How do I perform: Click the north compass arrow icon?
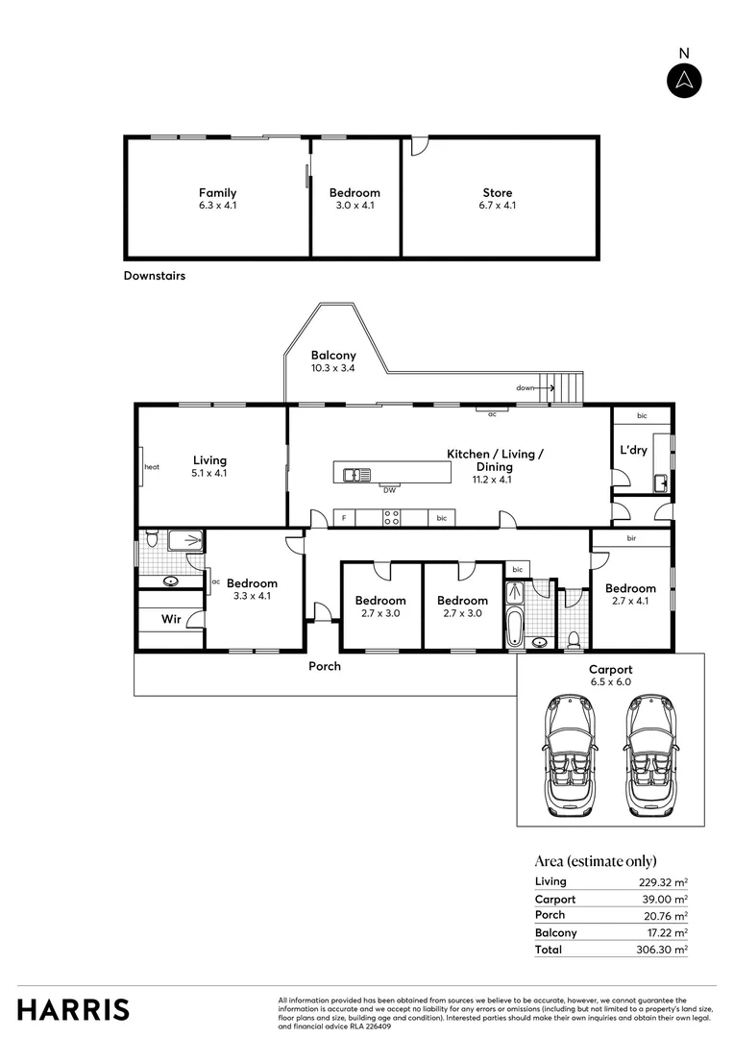pos(684,80)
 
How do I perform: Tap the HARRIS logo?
pos(73,1009)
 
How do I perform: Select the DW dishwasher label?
pos(389,490)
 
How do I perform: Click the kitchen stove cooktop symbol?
pos(392,518)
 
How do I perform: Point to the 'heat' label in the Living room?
pos(151,467)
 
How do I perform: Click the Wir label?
pos(170,619)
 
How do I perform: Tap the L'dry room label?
pos(633,450)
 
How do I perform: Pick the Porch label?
pos(324,666)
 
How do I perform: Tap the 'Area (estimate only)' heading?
pos(595,861)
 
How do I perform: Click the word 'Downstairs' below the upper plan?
pos(154,276)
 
